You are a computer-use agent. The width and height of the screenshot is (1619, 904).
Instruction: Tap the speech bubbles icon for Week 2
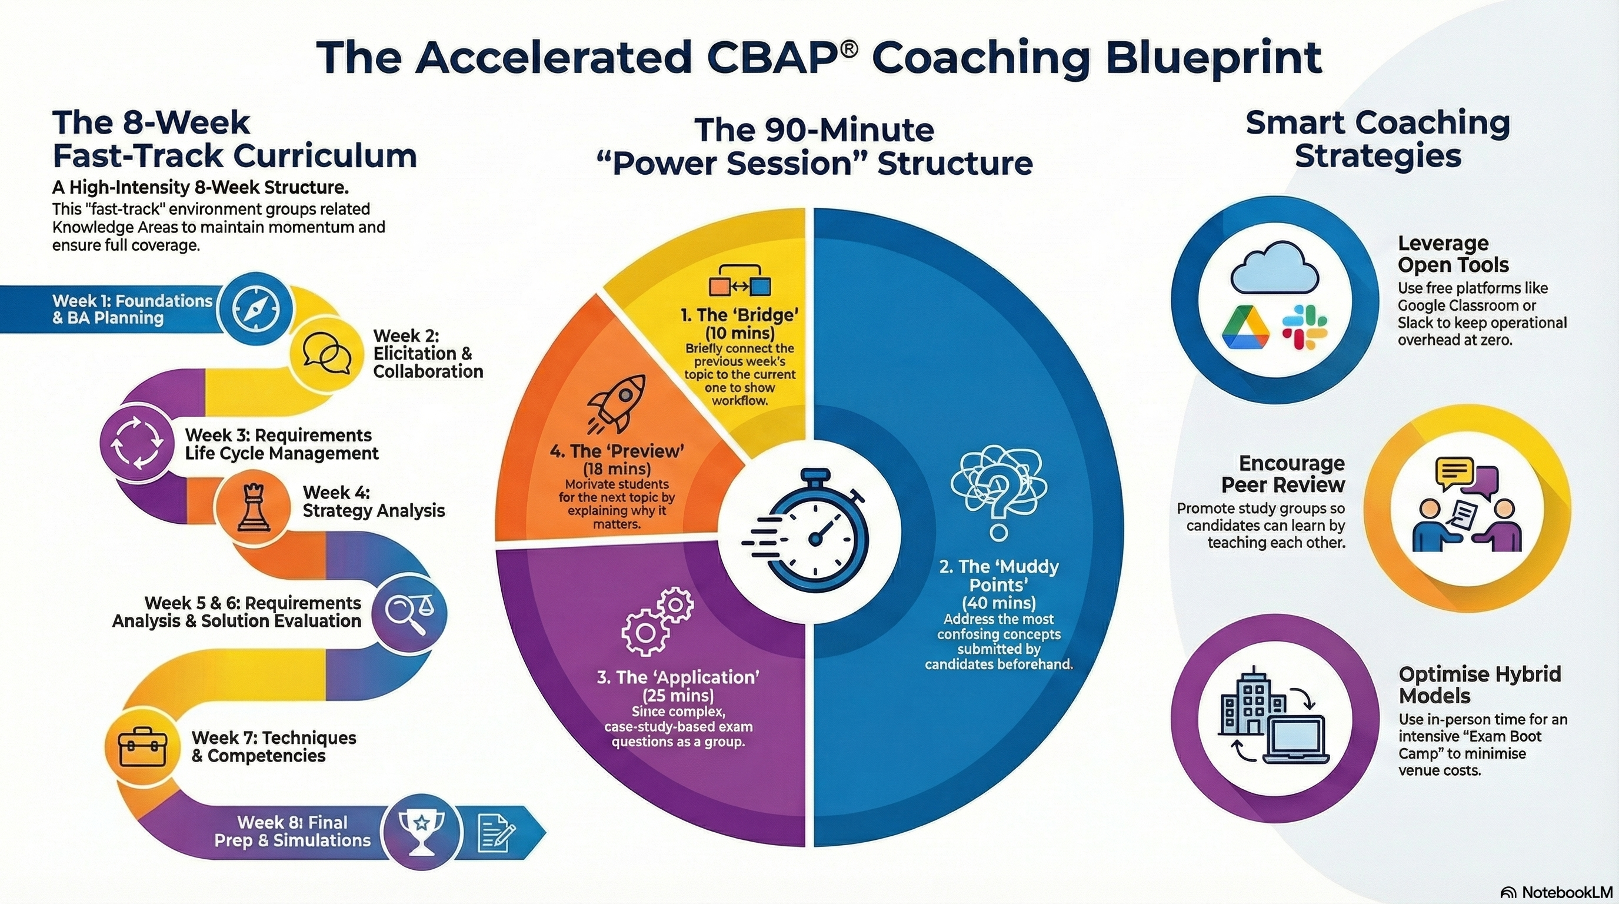[326, 353]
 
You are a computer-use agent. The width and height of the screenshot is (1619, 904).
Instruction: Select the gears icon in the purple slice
[657, 621]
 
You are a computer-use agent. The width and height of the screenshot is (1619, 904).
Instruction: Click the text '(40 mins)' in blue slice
[1000, 603]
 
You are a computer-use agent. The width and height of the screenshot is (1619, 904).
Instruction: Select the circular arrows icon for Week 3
[137, 441]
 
